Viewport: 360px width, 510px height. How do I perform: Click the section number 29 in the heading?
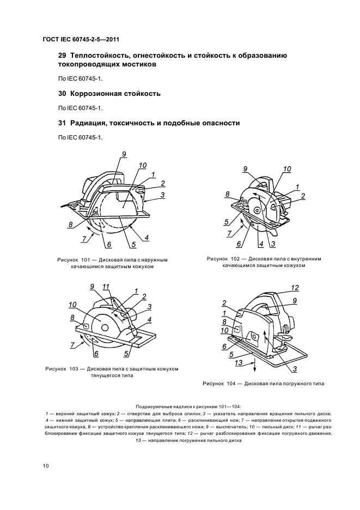pos(62,56)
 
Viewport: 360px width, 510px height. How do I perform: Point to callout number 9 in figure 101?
pos(124,154)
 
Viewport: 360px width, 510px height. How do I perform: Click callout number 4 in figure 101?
pos(147,238)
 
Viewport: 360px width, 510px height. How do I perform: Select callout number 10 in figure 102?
pos(287,168)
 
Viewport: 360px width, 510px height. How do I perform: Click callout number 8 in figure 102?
pos(227,193)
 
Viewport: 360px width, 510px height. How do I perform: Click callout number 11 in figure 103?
pos(106,287)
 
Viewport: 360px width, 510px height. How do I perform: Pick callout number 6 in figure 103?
pos(96,354)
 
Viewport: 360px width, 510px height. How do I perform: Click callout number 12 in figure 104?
pos(295,287)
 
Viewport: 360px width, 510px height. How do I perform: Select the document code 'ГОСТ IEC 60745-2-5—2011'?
pos(81,39)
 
